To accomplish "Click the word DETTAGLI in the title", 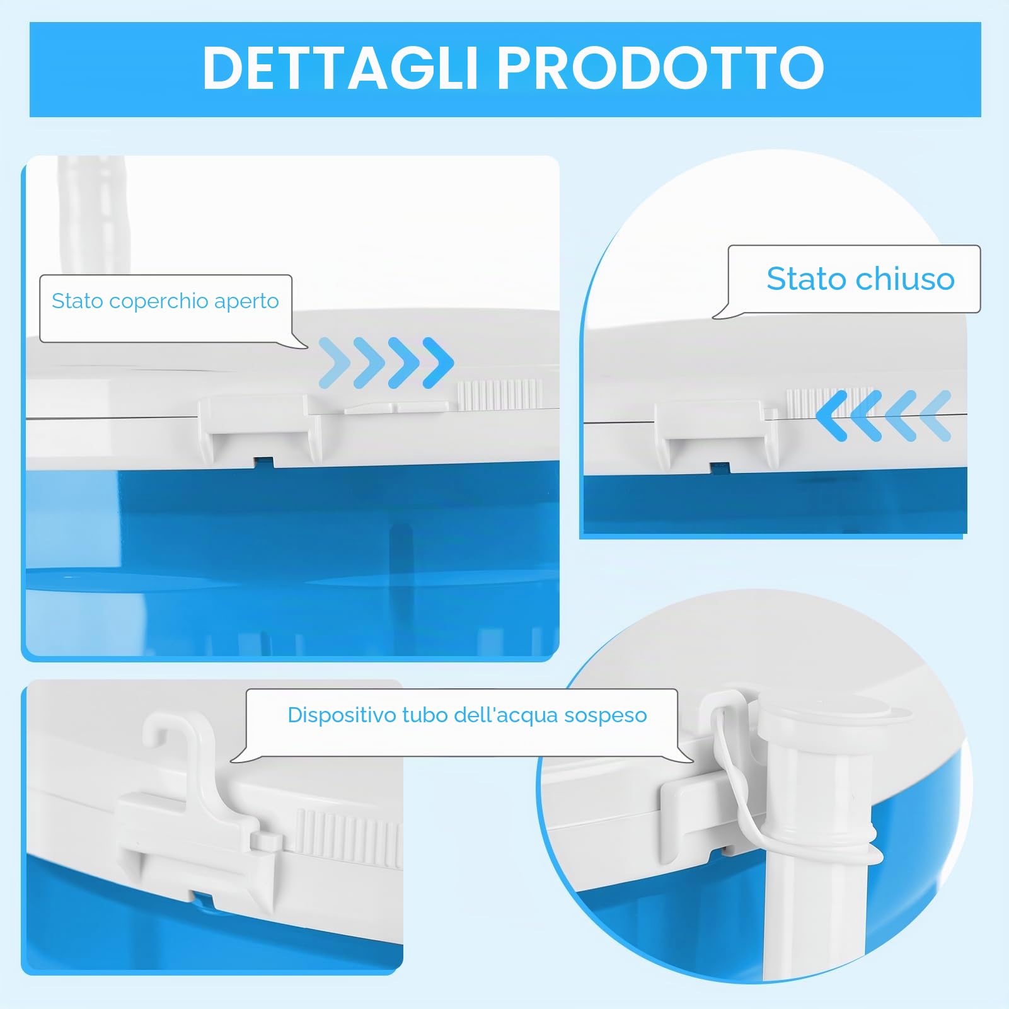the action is coord(341,68).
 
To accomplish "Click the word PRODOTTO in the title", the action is coord(660,68).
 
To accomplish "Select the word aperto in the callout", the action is coord(246,302).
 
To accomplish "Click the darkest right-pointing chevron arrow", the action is coord(438,362).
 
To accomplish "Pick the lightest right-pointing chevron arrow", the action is coord(335,362).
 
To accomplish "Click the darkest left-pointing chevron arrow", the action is coord(831,415).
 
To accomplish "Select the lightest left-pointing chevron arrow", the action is coord(935,415).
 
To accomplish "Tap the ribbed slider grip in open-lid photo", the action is coord(500,395).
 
